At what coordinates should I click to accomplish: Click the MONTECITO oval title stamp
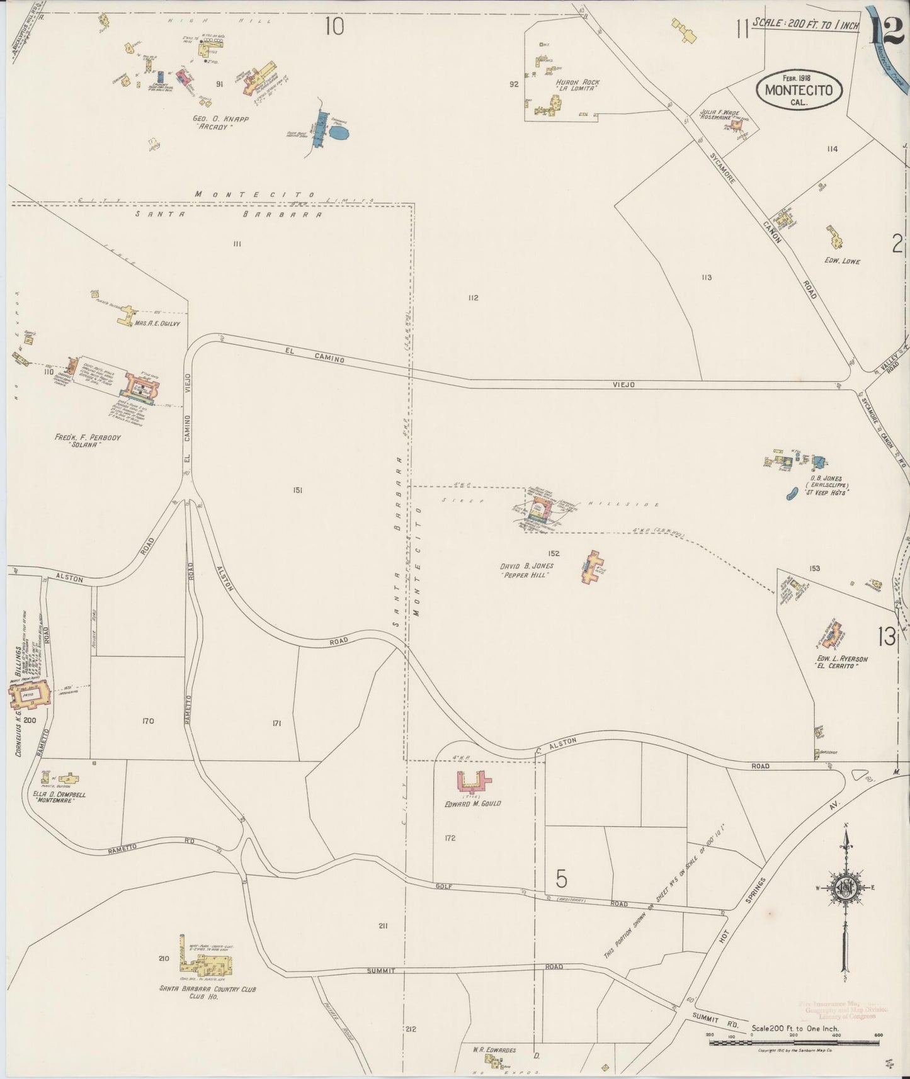point(799,89)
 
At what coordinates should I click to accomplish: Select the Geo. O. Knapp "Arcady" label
point(212,122)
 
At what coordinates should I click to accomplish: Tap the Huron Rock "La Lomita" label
point(577,86)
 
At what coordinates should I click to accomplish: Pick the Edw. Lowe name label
point(842,261)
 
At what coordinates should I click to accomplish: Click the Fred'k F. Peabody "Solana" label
point(88,441)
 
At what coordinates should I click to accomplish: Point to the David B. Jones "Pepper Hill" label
point(527,570)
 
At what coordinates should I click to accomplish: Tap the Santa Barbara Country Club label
point(208,993)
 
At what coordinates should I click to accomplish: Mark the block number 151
point(297,490)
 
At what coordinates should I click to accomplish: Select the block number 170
point(148,721)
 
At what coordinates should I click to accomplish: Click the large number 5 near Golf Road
point(562,878)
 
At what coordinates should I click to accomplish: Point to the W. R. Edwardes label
point(494,1050)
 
